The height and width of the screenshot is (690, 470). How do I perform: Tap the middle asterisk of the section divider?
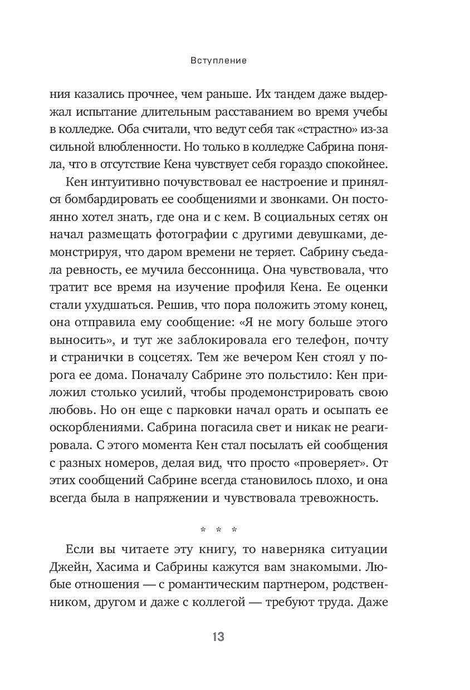[x=218, y=529]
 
